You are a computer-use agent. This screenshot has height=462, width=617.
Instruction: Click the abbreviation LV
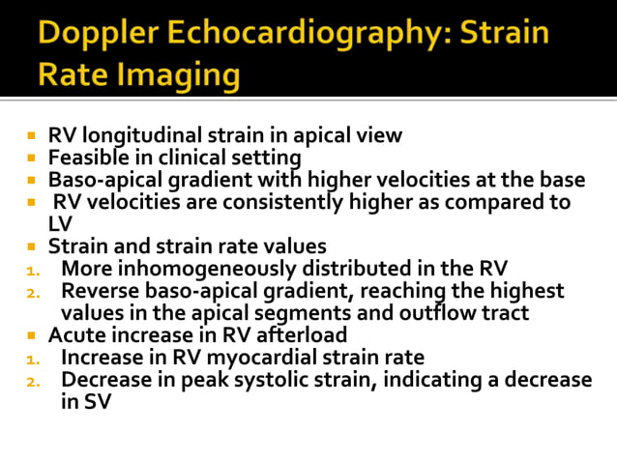[x=60, y=224]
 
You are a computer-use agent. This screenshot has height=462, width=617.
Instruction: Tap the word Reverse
[x=98, y=291]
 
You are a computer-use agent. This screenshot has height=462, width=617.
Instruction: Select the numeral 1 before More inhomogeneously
[x=31, y=269]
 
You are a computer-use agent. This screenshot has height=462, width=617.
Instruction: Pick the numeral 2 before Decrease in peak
[x=31, y=381]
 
